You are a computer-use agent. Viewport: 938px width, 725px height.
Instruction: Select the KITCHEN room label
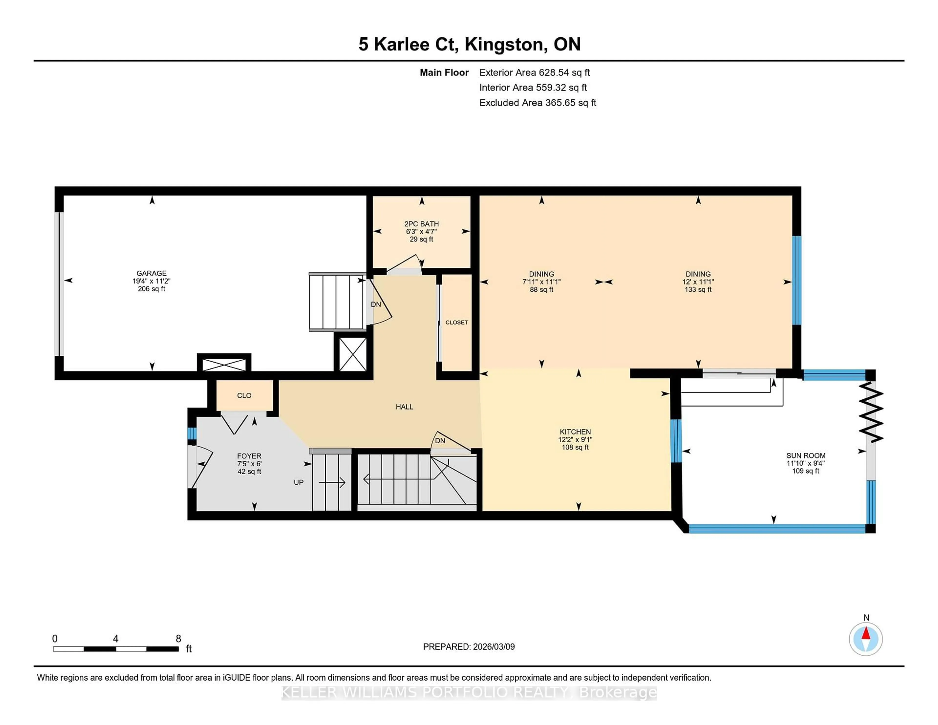575,432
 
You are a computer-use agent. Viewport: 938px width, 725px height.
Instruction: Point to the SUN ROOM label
805,456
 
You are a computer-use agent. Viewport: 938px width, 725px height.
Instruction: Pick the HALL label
404,407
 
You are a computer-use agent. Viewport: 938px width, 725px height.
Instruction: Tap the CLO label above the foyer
244,395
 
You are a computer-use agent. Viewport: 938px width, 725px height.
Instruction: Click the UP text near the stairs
298,482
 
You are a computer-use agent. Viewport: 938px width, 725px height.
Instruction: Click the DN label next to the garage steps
376,305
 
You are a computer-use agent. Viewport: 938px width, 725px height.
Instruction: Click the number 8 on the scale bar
178,639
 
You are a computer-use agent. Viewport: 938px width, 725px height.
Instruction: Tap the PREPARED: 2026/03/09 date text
469,647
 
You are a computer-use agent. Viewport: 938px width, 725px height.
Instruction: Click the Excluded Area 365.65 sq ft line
537,103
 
